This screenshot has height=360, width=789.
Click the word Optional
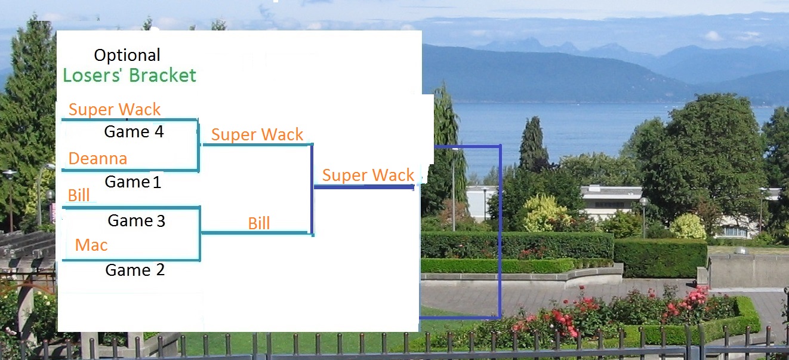(x=127, y=56)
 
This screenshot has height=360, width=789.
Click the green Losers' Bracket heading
(x=130, y=75)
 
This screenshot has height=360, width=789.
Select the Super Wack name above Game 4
(x=115, y=109)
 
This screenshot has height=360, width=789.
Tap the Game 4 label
(x=134, y=131)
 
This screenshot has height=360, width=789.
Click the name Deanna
(x=98, y=158)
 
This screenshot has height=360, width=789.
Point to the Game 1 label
(x=133, y=182)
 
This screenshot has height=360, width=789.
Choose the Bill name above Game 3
(x=79, y=195)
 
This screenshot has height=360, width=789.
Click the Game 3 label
(x=136, y=221)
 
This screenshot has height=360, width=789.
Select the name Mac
(x=91, y=245)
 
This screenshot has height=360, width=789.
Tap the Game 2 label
(x=135, y=270)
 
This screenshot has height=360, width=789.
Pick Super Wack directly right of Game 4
(x=257, y=134)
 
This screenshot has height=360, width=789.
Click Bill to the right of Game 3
(x=259, y=223)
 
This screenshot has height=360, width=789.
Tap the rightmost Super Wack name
(x=368, y=175)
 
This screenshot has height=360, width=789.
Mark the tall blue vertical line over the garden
(x=500, y=239)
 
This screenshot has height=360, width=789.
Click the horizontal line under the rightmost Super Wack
(x=364, y=187)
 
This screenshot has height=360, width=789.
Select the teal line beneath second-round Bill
(x=257, y=233)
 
